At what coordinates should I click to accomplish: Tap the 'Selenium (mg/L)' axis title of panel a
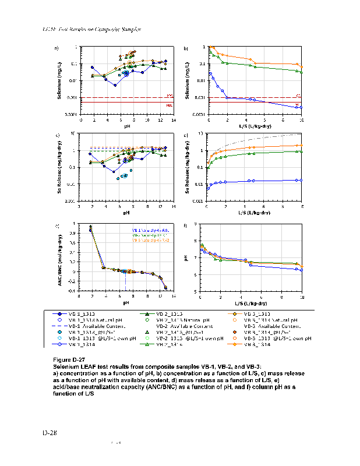(x=59, y=80)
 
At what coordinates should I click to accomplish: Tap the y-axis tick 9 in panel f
(x=196, y=224)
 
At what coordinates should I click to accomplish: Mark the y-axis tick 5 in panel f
(x=196, y=291)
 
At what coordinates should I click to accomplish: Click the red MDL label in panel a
(x=170, y=105)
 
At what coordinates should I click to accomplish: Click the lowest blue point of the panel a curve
(x=115, y=85)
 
